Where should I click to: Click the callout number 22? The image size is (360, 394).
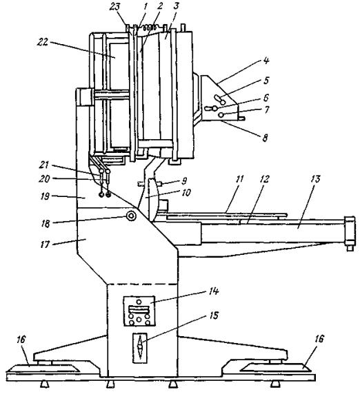[x=43, y=42]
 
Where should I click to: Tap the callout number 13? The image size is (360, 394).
[x=315, y=179]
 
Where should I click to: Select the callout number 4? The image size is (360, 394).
[x=267, y=61]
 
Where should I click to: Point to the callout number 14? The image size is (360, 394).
[x=213, y=291]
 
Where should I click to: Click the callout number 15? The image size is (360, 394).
[x=214, y=315]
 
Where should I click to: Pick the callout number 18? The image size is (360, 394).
[x=46, y=224]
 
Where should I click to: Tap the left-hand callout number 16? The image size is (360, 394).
[x=21, y=340]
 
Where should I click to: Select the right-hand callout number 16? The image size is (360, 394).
[x=319, y=339]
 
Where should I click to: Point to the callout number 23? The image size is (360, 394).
[x=115, y=8]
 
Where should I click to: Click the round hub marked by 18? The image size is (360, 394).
[x=131, y=216]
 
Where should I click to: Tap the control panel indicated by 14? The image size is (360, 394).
[x=139, y=311]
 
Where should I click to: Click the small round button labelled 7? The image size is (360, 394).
[x=221, y=115]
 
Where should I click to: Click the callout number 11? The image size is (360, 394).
[x=240, y=179]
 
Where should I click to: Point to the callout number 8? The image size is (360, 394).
[x=265, y=138]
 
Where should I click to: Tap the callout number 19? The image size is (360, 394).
[x=45, y=196]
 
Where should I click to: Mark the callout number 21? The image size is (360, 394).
[x=43, y=165]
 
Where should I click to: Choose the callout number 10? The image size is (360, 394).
[x=186, y=193]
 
